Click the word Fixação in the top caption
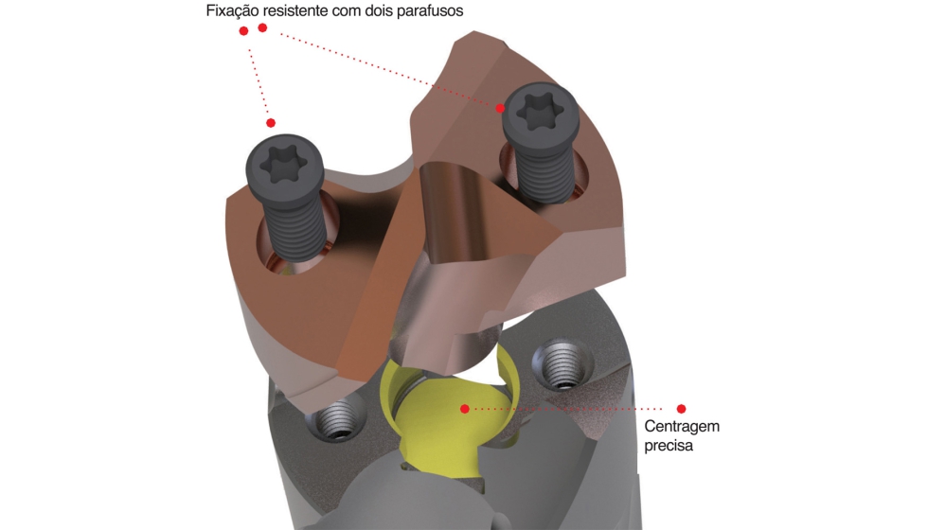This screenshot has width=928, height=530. pyautogui.click(x=232, y=12)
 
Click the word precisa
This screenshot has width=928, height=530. pyautogui.click(x=669, y=444)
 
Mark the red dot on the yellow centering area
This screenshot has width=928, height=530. pyautogui.click(x=464, y=409)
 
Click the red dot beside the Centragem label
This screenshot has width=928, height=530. pyautogui.click(x=681, y=409)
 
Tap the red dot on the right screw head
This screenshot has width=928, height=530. pyautogui.click(x=500, y=108)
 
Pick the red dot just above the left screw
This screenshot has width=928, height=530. pyautogui.click(x=271, y=123)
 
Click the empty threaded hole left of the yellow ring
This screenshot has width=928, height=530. pyautogui.click(x=335, y=419)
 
